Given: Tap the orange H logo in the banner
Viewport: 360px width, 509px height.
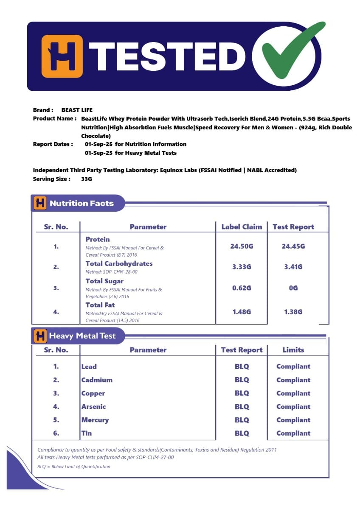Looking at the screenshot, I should (62, 56).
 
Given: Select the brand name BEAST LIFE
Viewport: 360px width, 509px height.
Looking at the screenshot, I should (77, 110).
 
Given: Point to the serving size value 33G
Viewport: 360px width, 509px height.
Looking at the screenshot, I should (87, 179).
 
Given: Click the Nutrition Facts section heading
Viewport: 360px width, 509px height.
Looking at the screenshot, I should (82, 203).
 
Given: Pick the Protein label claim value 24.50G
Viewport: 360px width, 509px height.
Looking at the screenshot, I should (242, 246).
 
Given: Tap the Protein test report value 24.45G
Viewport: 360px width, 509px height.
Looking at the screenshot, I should (293, 246).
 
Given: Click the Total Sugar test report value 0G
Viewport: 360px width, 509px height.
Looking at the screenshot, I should (293, 288).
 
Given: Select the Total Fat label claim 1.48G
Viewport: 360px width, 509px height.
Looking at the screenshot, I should (242, 312).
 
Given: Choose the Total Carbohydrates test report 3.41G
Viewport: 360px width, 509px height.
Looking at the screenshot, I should (293, 267).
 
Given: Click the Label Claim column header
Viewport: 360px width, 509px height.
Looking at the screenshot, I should (242, 227).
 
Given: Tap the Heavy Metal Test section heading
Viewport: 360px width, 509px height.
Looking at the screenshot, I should (82, 336).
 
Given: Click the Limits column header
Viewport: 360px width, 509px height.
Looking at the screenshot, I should (293, 350).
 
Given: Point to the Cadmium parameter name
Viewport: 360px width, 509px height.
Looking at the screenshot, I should (97, 380).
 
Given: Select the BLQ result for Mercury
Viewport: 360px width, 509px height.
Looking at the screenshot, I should (242, 420).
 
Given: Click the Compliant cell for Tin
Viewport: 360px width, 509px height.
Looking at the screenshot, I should (293, 433).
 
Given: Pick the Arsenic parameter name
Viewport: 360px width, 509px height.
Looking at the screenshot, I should (93, 406).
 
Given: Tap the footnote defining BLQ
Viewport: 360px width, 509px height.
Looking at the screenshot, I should (74, 467).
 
